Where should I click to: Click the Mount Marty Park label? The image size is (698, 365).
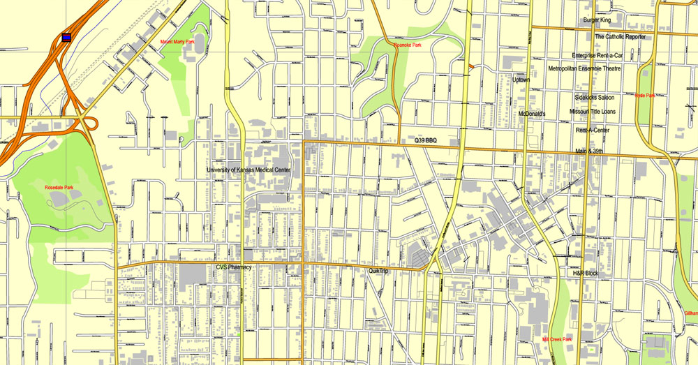click(178, 42)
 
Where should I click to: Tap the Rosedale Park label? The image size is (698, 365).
click(59, 188)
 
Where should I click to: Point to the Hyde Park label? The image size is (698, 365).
click(645, 96)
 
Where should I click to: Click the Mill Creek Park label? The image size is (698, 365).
click(557, 340)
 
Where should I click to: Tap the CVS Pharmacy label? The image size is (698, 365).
click(233, 267)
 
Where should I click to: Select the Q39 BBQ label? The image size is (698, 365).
click(425, 140)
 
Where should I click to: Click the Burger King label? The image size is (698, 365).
click(597, 20)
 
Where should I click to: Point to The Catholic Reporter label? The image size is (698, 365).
click(620, 37)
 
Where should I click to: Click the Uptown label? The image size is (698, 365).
click(521, 80)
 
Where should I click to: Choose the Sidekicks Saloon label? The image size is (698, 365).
click(595, 98)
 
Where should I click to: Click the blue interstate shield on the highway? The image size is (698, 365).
click(66, 38)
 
